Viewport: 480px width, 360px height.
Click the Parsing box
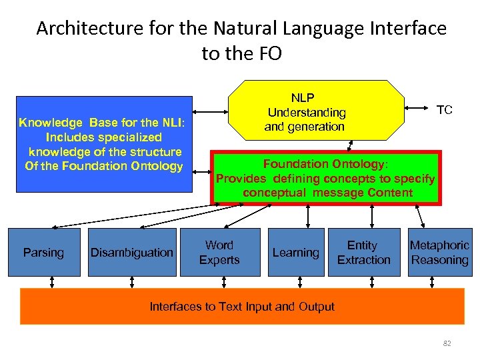tap(43, 252)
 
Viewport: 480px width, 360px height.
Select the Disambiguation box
tap(131, 252)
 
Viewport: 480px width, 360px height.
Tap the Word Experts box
tap(219, 252)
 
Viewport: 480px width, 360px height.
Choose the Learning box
tap(295, 252)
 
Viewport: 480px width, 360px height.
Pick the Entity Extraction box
tap(363, 252)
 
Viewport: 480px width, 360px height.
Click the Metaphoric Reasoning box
tap(439, 252)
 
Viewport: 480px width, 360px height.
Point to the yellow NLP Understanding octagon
tap(316, 111)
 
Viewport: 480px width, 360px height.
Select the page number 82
tap(447, 343)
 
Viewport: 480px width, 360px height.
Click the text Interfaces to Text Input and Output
tap(242, 307)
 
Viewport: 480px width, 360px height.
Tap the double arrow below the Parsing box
tap(52, 282)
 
